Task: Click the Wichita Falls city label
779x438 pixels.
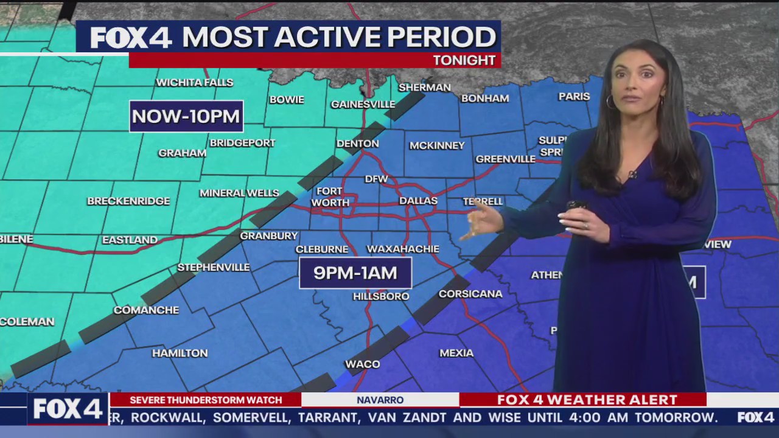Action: tap(194, 82)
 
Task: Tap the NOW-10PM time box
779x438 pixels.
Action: tap(186, 116)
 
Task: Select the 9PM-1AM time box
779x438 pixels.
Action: tap(355, 273)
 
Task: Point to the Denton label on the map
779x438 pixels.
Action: tap(358, 144)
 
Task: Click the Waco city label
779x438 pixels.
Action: tap(363, 364)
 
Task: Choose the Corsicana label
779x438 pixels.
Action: tap(470, 293)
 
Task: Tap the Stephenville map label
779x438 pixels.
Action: tap(214, 267)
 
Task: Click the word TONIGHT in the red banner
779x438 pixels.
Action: tap(464, 60)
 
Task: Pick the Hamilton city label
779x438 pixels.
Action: tap(180, 353)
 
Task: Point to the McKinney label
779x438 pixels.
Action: tap(437, 145)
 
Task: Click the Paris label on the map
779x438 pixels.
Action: tap(574, 96)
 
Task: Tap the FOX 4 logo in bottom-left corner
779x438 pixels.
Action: tap(68, 409)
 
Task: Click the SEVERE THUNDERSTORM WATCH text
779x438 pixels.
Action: tap(206, 400)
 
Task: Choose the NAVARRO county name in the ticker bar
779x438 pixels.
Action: tap(380, 400)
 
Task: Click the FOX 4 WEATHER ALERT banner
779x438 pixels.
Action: tap(587, 400)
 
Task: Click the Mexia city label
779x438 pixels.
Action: tap(456, 353)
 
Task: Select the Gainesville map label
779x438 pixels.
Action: tap(363, 104)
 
